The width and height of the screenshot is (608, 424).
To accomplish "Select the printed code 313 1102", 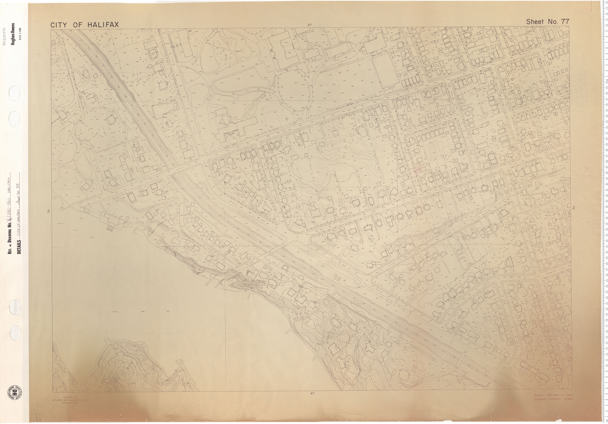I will [x=20, y=34].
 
